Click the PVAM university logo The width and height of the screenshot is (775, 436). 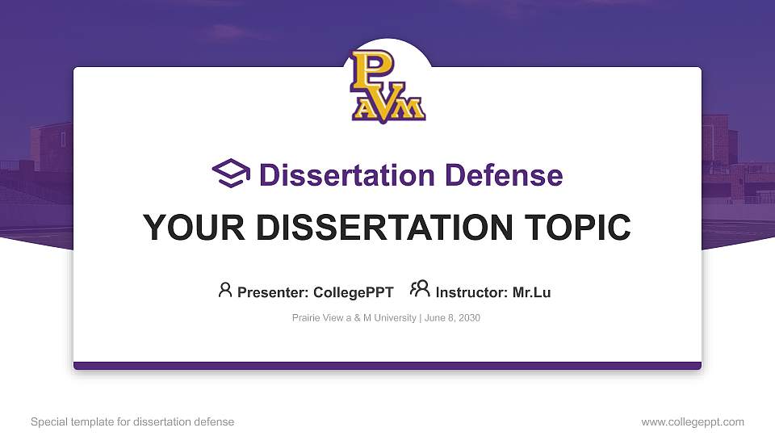tap(387, 87)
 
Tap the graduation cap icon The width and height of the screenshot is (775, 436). tap(232, 174)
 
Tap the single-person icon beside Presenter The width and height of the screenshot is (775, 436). tap(225, 290)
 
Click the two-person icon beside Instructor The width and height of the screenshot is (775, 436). tap(420, 290)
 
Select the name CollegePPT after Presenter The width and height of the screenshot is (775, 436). tap(353, 292)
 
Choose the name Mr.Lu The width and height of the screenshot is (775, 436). tap(531, 292)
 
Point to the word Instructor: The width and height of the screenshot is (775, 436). tap(471, 292)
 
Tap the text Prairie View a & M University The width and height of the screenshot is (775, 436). tap(354, 318)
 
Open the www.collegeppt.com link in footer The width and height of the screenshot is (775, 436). tap(692, 421)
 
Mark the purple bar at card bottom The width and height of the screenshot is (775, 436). tap(387, 366)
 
